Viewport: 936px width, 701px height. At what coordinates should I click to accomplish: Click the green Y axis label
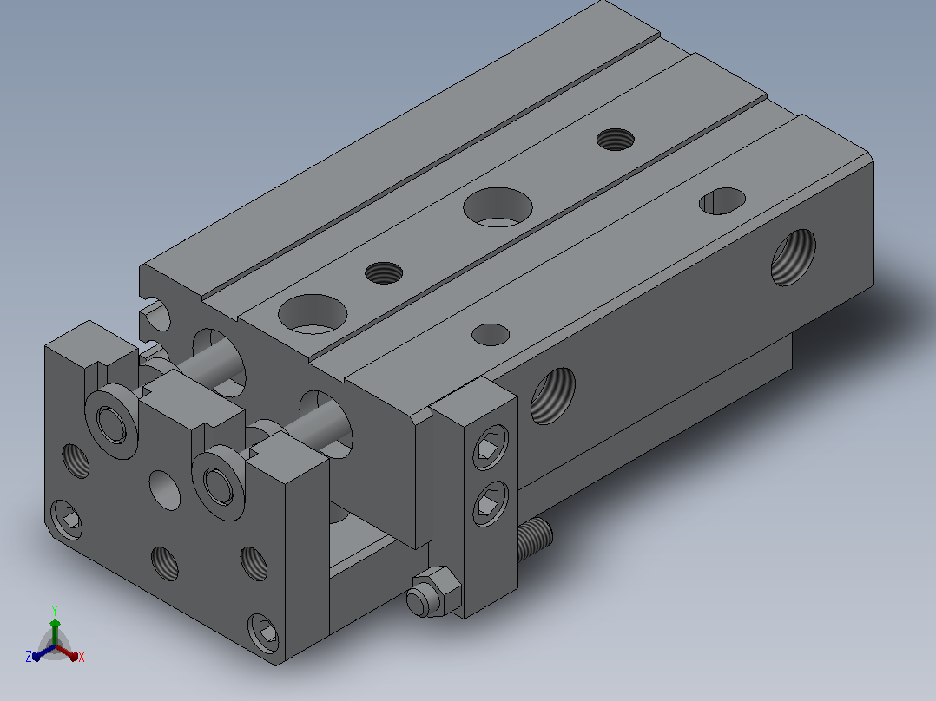pos(55,610)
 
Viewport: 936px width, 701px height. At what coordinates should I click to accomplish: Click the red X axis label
pos(82,657)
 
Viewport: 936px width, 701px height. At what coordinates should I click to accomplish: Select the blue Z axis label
pos(29,656)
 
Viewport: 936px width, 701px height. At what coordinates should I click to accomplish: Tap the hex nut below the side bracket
pos(434,592)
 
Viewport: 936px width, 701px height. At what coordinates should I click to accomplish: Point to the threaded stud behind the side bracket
pos(534,540)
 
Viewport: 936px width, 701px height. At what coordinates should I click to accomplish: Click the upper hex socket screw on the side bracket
pos(491,446)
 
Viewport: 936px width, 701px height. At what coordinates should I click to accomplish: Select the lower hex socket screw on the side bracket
pos(491,503)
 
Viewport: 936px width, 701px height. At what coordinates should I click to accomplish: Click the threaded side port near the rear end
pos(794,257)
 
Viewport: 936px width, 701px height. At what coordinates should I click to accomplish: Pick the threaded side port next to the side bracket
pos(553,396)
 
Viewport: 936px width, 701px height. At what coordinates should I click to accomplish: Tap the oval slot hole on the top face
pos(722,201)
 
